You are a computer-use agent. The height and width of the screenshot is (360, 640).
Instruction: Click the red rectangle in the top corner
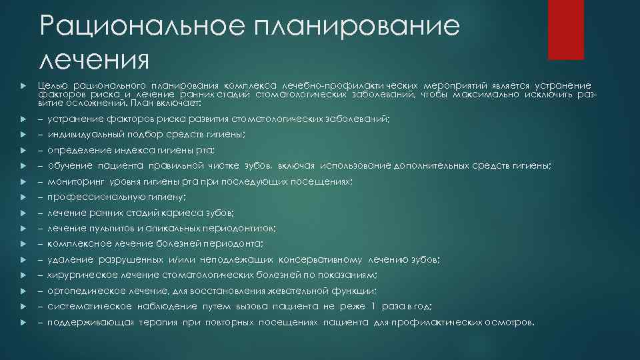tap(570, 29)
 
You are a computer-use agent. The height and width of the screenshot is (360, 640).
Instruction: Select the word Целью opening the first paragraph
tap(51, 86)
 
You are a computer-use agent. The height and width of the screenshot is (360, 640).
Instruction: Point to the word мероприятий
tap(451, 86)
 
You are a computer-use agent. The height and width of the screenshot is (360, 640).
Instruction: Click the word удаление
tap(69, 259)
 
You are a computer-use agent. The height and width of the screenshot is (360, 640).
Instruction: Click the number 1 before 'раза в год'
tap(374, 306)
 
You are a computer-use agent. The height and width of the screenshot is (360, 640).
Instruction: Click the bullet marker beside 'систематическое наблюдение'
tap(23, 306)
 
